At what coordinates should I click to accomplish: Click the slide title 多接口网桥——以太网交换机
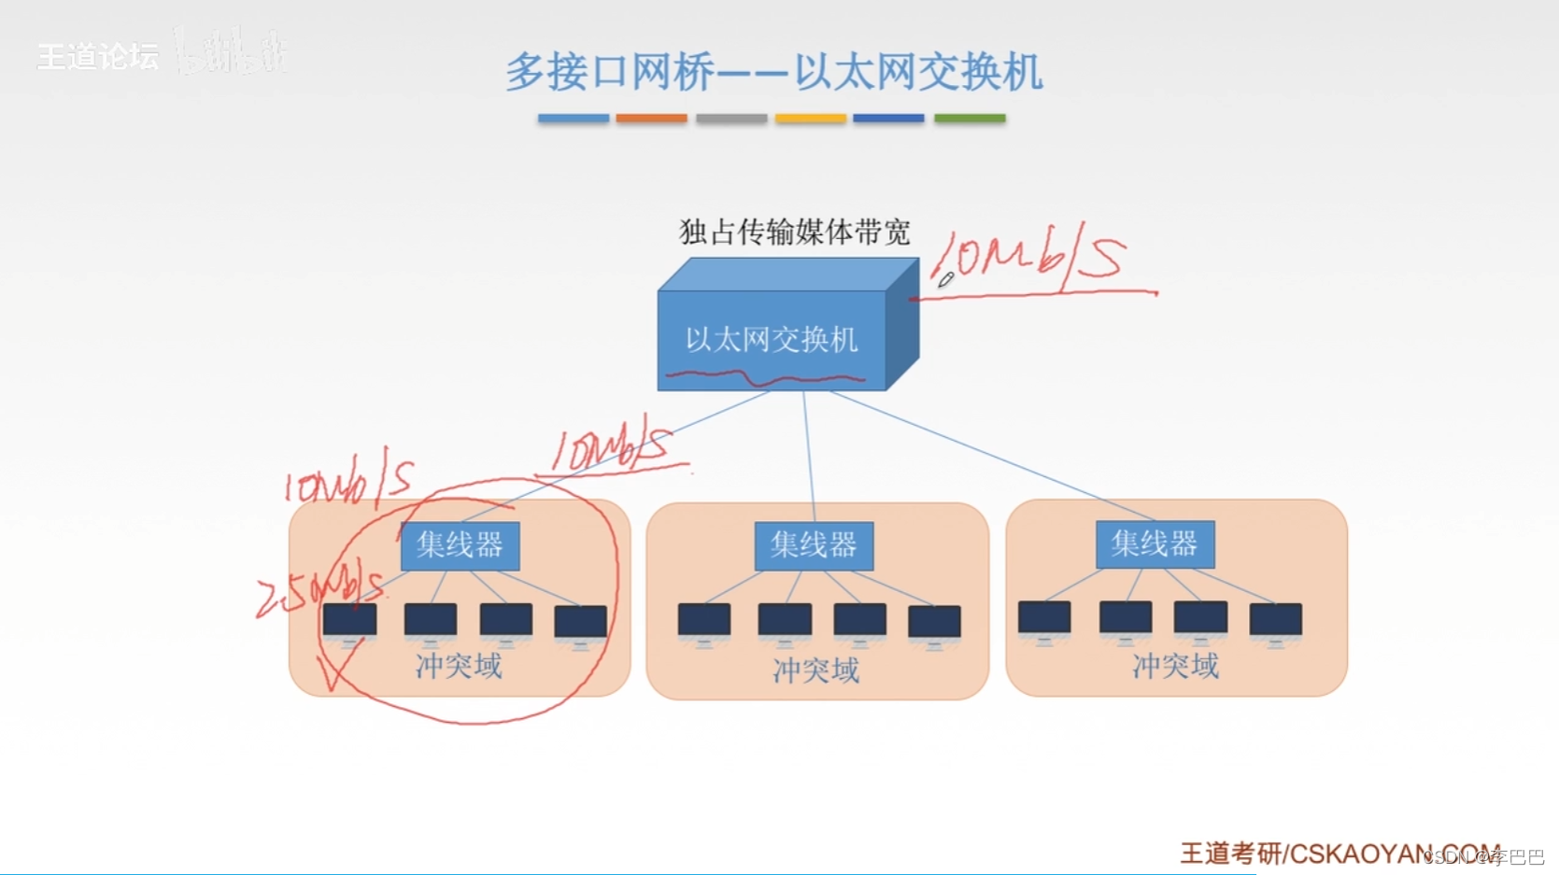(773, 72)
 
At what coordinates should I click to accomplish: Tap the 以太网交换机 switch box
(772, 339)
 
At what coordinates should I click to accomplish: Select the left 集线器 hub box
(460, 545)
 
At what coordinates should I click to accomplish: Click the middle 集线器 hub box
(814, 545)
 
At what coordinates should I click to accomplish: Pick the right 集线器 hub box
(1155, 543)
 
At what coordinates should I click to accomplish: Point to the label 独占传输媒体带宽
(794, 232)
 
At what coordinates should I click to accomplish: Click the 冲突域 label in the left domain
(459, 666)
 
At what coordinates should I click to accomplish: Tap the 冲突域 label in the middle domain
(815, 670)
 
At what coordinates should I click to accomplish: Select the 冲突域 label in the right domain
(1175, 666)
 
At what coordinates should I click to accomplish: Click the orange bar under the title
(651, 119)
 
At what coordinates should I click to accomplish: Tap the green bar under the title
(970, 119)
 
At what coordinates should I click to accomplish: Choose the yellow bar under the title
(810, 119)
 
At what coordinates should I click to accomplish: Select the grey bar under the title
(731, 119)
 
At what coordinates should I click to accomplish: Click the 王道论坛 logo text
(98, 57)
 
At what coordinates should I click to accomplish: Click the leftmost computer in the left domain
(350, 622)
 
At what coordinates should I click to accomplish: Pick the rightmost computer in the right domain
(1275, 622)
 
